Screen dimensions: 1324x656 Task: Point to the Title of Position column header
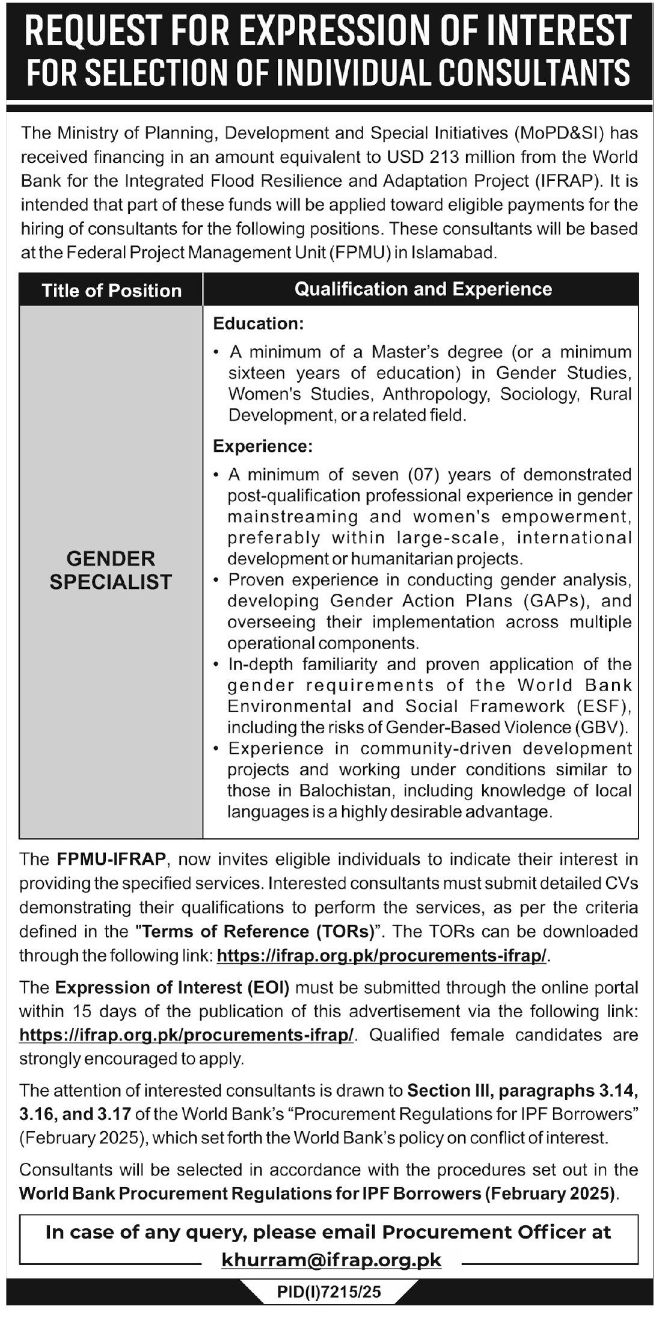click(x=111, y=291)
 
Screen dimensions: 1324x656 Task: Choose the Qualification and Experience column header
click(x=423, y=289)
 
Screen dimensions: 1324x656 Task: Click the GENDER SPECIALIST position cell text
click(x=111, y=570)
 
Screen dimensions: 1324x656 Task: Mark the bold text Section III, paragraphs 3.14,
click(x=520, y=1090)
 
